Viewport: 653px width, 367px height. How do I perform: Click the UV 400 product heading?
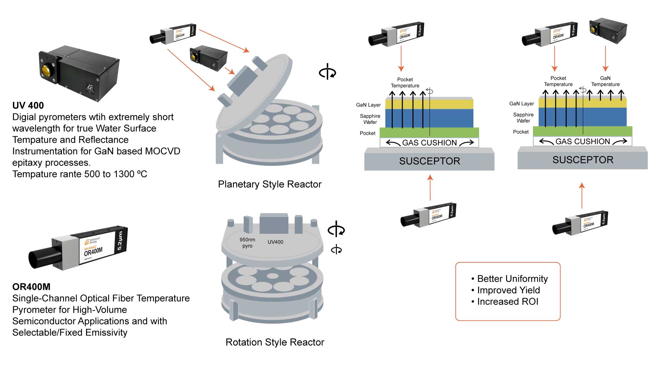[x=28, y=105]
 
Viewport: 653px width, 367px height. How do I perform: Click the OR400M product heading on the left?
[x=31, y=287]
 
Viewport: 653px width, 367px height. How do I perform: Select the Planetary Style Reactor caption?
[x=269, y=184]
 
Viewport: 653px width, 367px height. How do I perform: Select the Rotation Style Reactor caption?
[x=274, y=342]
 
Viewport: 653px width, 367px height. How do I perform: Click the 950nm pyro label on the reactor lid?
[x=247, y=243]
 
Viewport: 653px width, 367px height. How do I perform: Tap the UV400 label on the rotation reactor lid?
[x=275, y=242]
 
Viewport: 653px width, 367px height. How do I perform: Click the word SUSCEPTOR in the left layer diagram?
[x=429, y=161]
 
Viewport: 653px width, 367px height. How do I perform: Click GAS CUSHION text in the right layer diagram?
[x=583, y=141]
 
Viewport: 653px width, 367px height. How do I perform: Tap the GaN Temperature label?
[x=605, y=81]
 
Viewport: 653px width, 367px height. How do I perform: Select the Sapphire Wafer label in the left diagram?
[x=370, y=119]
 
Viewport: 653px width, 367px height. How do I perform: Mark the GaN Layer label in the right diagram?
[x=521, y=104]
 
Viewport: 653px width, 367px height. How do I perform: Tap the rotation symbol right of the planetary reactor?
[x=327, y=72]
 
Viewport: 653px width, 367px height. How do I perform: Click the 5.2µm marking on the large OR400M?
[x=119, y=241]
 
